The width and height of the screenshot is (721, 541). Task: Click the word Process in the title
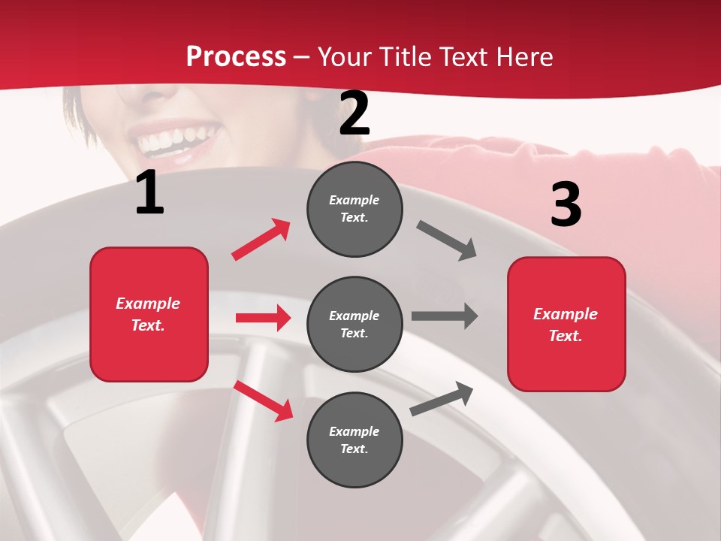236,57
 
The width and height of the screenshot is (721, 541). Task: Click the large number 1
149,193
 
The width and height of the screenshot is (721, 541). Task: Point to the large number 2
354,113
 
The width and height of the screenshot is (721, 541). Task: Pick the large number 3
566,204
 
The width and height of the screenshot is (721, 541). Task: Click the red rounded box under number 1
149,314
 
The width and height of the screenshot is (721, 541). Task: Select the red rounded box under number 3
566,324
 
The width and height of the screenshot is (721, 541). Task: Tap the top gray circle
354,209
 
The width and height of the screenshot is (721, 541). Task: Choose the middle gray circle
354,324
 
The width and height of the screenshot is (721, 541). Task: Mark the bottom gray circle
354,440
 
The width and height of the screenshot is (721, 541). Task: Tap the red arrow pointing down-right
264,400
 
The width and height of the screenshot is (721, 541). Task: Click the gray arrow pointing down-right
447,240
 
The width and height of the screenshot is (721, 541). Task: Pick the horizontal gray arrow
444,316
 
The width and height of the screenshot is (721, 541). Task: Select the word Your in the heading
344,57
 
